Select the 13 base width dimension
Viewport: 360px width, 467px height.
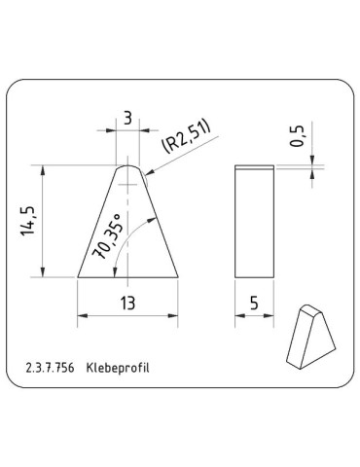[127, 304]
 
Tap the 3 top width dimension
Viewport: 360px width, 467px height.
[128, 119]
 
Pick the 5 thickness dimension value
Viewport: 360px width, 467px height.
[255, 304]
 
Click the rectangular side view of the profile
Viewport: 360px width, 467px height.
[255, 221]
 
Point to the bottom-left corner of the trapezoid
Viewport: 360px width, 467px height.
[79, 277]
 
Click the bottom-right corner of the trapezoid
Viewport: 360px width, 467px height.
[177, 277]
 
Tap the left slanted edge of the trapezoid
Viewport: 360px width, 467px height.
[99, 222]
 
